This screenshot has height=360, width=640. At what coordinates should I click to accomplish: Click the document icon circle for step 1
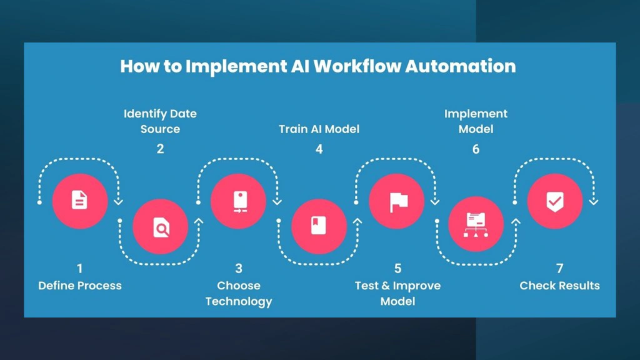click(x=79, y=201)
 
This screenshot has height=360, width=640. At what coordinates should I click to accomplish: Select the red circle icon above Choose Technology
click(x=239, y=201)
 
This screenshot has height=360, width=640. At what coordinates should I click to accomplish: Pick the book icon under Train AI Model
click(x=319, y=226)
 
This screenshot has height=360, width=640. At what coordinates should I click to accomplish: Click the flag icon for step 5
click(x=397, y=201)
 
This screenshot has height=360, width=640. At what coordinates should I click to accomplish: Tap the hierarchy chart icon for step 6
click(x=476, y=226)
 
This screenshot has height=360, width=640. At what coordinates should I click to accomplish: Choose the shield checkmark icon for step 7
click(x=555, y=201)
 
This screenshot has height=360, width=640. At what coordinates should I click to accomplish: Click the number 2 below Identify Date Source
click(x=161, y=149)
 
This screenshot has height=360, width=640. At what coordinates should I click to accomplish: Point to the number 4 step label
click(x=319, y=149)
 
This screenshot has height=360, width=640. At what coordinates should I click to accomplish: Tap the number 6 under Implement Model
click(x=476, y=149)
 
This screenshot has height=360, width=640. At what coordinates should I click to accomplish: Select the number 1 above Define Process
click(x=79, y=269)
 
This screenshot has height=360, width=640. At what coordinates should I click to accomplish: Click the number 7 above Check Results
click(x=559, y=269)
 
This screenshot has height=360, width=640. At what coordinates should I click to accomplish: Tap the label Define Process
click(x=80, y=286)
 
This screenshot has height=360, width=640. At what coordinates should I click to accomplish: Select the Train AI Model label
click(x=319, y=129)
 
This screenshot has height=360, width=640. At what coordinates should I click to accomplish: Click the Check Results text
click(x=559, y=286)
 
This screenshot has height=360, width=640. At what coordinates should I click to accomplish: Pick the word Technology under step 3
click(x=239, y=301)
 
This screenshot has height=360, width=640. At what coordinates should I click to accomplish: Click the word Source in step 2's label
click(x=160, y=129)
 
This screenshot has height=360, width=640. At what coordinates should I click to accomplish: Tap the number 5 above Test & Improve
click(x=397, y=269)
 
